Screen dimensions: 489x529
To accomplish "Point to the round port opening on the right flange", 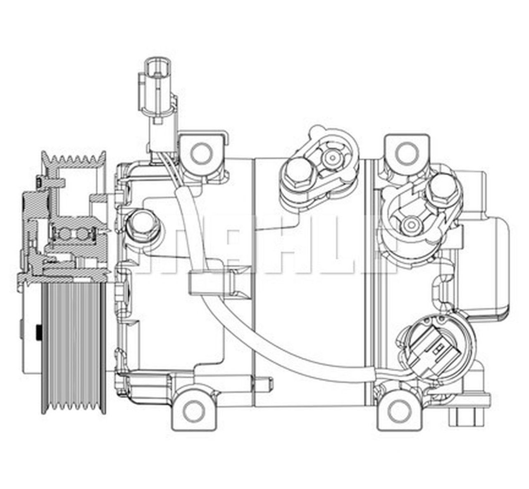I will (x=411, y=224).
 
